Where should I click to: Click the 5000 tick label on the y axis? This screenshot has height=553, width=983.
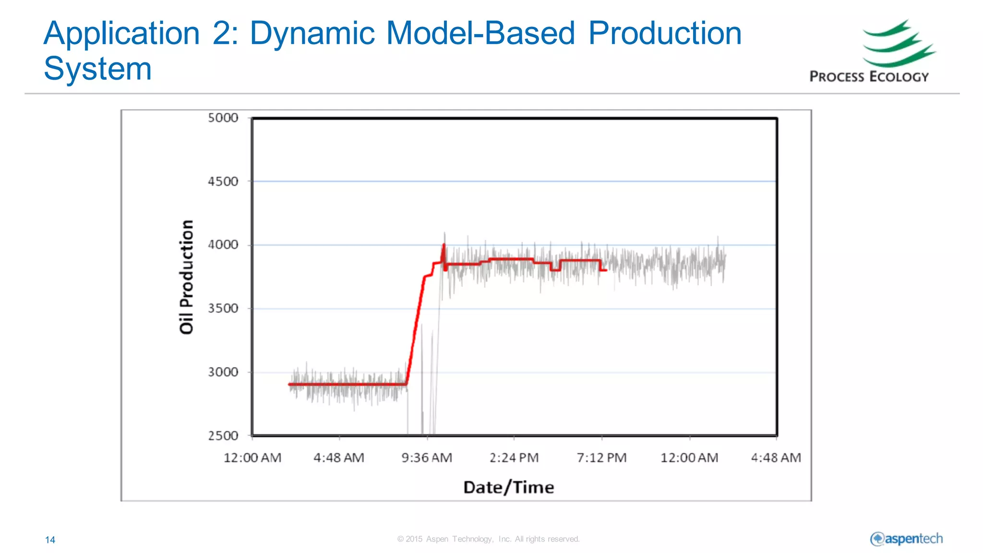(x=223, y=118)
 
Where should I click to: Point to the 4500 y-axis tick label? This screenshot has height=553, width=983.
(x=223, y=182)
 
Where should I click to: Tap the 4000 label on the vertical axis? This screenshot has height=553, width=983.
(x=223, y=245)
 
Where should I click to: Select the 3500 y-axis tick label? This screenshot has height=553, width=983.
(x=223, y=308)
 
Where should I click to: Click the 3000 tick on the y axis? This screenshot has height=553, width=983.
(x=223, y=372)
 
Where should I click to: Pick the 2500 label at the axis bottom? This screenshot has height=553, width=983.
(x=223, y=436)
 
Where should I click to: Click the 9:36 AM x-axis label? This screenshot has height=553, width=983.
(x=427, y=458)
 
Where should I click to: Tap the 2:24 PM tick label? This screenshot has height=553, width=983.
(x=514, y=458)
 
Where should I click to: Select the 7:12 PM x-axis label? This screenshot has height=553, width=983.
(x=601, y=458)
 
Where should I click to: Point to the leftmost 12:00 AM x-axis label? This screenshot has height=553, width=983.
(x=252, y=458)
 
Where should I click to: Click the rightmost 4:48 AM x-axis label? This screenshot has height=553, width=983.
(x=776, y=458)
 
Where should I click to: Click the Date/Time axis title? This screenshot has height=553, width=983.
(x=508, y=488)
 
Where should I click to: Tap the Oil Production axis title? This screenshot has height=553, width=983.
(x=186, y=277)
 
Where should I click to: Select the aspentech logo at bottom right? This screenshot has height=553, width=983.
(x=906, y=539)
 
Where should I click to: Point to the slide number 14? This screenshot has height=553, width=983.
(x=50, y=540)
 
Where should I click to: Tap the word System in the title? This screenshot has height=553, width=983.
(x=97, y=69)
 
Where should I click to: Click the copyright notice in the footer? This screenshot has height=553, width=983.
(x=488, y=539)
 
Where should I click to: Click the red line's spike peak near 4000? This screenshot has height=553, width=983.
(x=444, y=245)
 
